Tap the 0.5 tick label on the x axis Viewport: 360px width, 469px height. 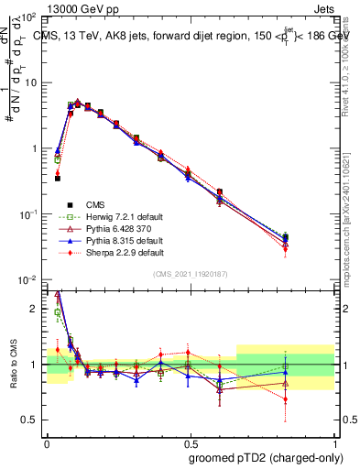coord(190,441)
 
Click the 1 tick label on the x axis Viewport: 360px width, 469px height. coord(333,441)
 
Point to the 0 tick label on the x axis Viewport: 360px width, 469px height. coord(47,441)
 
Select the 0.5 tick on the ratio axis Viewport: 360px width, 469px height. coord(33,420)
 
